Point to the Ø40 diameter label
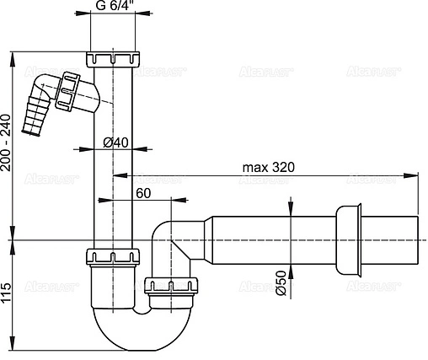coord(115,142)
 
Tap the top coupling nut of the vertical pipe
coord(111,61)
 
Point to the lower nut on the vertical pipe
coord(110,256)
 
